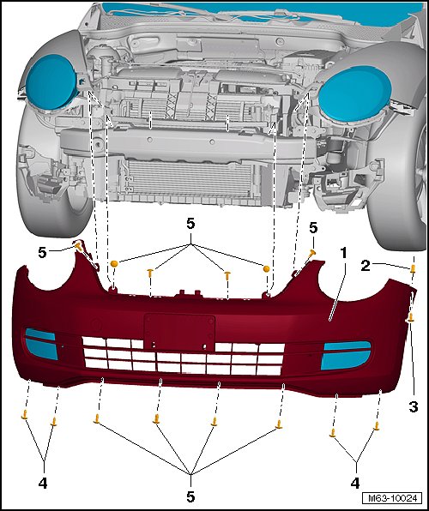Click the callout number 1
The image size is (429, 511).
click(342, 254)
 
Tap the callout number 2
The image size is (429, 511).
click(366, 266)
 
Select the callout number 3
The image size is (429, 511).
click(414, 406)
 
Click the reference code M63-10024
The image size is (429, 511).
click(392, 498)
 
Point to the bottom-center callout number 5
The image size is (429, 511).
click(190, 496)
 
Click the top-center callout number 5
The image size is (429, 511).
click(190, 224)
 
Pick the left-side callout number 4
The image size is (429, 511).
click(43, 483)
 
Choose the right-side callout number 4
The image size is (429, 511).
click(355, 483)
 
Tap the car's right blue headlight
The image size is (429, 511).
click(354, 93)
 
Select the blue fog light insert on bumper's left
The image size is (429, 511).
click(41, 344)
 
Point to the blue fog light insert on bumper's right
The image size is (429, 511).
click(346, 355)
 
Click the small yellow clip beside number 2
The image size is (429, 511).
click(413, 269)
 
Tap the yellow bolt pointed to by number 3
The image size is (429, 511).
click(411, 317)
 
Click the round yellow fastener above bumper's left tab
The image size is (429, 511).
click(114, 264)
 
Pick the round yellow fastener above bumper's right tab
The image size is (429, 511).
click(266, 268)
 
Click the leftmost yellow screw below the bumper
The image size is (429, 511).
click(25, 415)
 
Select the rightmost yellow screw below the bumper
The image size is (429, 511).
click(378, 426)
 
